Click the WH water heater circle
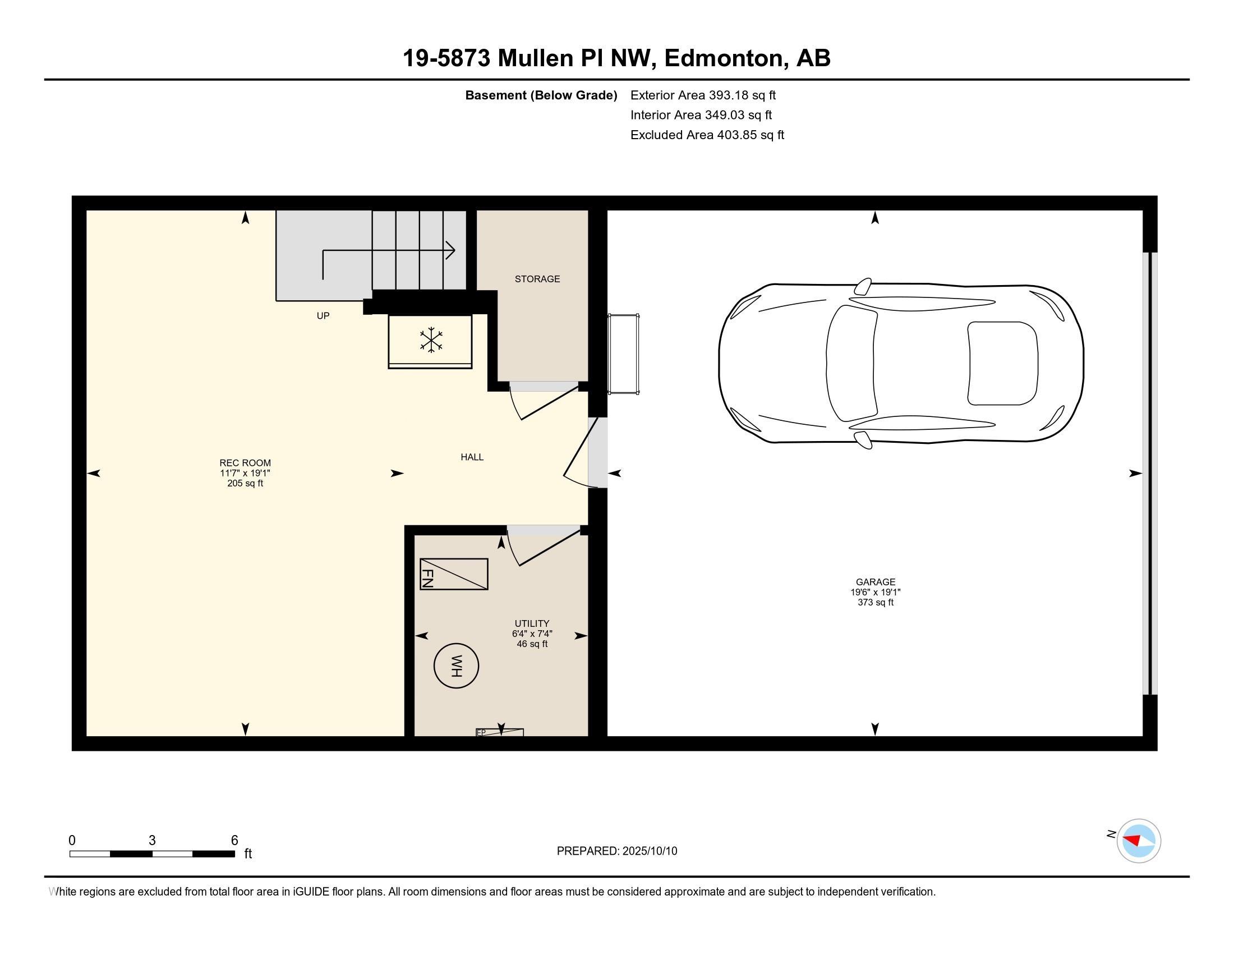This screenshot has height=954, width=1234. coord(456,666)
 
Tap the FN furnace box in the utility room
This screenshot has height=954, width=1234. coord(454,574)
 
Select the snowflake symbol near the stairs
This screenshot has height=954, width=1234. coord(431,340)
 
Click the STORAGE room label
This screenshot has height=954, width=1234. coord(537,279)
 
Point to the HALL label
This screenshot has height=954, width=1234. coord(472,457)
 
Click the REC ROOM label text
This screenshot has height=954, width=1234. coord(245,463)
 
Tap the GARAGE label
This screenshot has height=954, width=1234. coord(876,582)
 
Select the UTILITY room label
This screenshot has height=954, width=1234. coord(532,624)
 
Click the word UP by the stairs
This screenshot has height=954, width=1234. coord(323,316)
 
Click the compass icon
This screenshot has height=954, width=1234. coord(1139,841)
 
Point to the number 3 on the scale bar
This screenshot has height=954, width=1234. coord(152,841)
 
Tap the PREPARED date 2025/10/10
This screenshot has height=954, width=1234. coord(650,851)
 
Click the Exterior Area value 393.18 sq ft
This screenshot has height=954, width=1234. coord(743,95)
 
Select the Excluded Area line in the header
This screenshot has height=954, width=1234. coord(707,135)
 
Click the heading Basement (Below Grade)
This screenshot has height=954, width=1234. coord(541,95)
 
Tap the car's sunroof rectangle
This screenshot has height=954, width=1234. coord(1002,364)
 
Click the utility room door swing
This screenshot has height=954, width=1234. coord(541,547)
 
